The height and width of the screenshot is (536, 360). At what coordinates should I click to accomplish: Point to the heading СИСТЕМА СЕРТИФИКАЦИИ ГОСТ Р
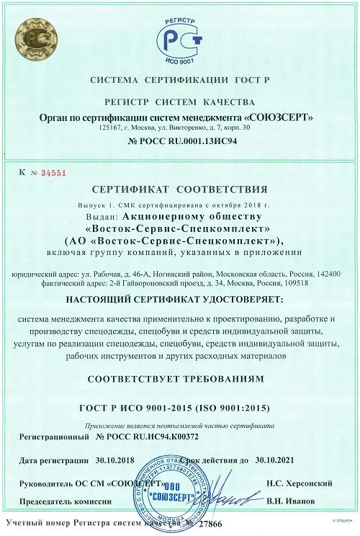click(179, 79)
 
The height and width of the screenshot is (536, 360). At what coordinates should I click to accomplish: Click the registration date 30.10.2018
click(114, 459)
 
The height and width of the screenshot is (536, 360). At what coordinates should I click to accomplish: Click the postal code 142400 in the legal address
click(325, 274)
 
